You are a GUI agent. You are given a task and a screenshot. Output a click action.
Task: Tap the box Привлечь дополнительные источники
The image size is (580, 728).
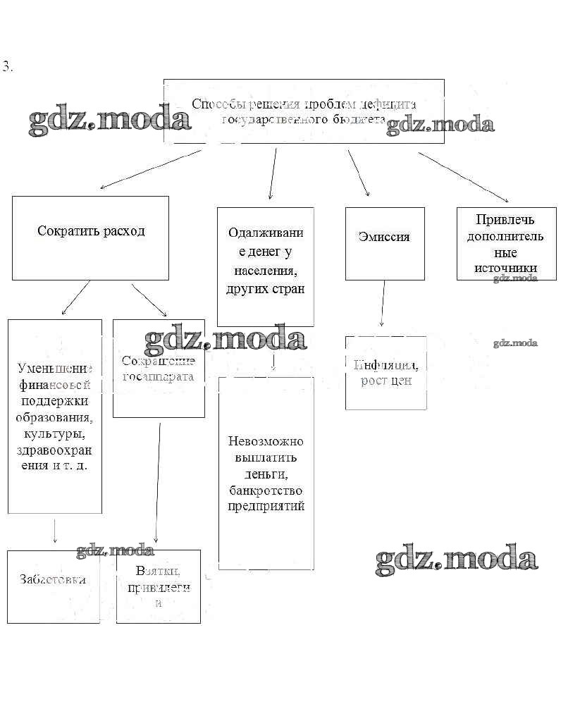[506, 243]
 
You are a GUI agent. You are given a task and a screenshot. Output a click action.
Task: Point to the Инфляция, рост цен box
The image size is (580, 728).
[386, 373]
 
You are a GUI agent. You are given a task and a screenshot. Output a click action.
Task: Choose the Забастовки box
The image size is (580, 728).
[54, 586]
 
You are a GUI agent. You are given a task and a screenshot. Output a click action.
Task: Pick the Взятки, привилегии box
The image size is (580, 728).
[159, 586]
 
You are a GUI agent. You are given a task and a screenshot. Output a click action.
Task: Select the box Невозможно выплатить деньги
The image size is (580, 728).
[266, 472]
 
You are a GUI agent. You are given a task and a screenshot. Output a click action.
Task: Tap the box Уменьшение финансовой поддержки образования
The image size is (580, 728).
[55, 416]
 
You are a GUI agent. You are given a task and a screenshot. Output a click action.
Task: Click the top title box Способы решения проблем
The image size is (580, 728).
[304, 111]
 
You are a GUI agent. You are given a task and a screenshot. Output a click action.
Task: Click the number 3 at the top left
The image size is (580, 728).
[7, 68]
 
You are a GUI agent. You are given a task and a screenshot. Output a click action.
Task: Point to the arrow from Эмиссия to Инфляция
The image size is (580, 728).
[383, 303]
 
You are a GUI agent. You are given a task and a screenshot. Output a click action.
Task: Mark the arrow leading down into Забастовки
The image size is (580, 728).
[55, 531]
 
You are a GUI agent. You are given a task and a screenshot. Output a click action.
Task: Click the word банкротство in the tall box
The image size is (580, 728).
[266, 491]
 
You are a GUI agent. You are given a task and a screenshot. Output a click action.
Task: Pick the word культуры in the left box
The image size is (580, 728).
[55, 434]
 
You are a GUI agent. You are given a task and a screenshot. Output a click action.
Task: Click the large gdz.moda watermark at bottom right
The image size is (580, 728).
[457, 558]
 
